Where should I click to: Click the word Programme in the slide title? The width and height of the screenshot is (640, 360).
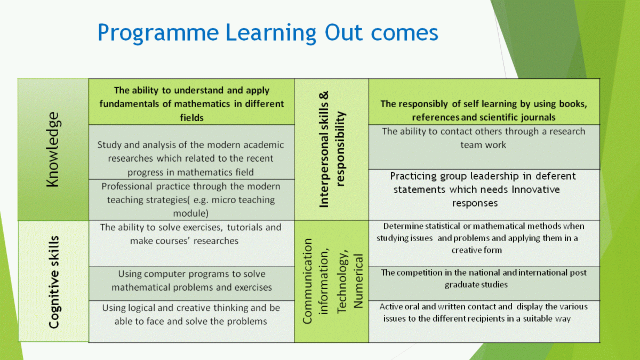(x=158, y=34)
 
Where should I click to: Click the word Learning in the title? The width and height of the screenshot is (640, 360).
(x=271, y=34)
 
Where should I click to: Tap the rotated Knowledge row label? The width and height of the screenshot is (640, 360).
(x=53, y=149)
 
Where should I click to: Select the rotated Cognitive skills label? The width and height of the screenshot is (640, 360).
(x=54, y=282)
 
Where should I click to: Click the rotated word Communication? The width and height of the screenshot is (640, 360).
(x=307, y=281)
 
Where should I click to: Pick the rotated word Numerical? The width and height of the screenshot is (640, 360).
(x=358, y=281)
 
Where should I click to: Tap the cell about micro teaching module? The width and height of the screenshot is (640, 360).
(x=191, y=199)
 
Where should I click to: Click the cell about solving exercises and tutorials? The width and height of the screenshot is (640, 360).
(x=191, y=243)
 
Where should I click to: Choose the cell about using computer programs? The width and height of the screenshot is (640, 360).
(x=191, y=284)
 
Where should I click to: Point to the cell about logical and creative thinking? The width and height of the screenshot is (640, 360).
(x=191, y=322)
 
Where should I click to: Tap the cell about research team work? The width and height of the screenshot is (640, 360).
(x=484, y=147)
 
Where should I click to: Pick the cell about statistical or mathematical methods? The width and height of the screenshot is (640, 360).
(x=484, y=243)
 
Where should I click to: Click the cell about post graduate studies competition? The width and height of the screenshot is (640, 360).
(x=484, y=284)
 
